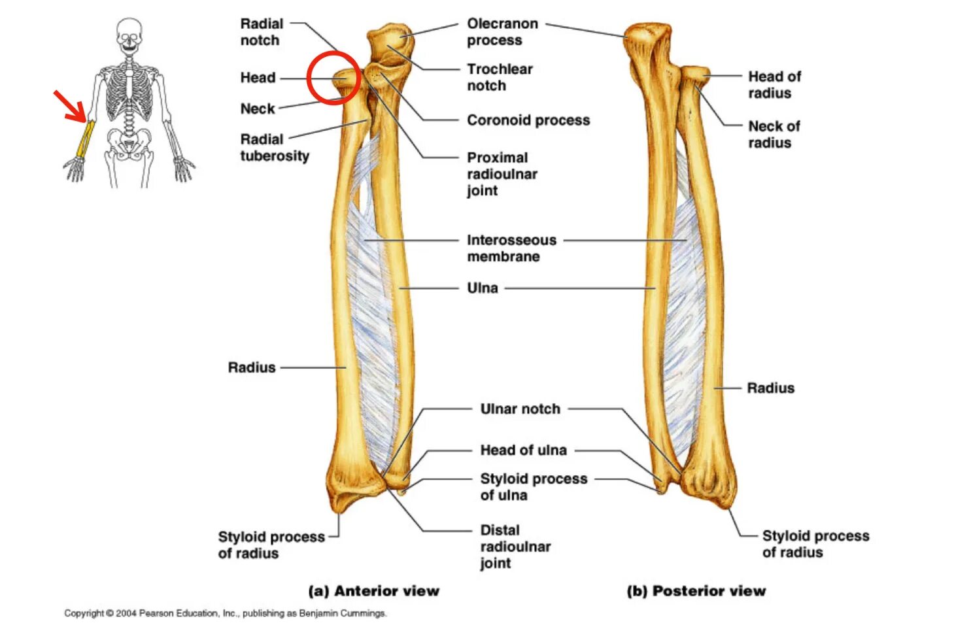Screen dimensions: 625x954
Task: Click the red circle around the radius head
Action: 333,78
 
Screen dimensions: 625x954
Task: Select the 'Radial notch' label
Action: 261,32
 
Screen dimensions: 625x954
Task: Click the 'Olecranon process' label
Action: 502,32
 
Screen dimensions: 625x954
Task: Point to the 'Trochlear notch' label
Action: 499,77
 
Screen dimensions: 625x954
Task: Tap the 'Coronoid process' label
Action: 528,120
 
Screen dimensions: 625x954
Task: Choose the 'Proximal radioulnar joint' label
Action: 502,174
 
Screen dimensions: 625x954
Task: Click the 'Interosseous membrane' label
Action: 511,248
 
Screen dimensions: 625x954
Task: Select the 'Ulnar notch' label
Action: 520,409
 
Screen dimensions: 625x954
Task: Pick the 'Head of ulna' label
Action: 523,450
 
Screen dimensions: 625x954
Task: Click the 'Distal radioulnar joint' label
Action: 515,547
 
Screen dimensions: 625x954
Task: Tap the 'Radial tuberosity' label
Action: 274,148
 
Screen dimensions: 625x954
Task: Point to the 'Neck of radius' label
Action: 774,135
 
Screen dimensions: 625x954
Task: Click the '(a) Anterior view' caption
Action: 373,591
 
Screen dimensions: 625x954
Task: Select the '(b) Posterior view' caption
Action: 696,591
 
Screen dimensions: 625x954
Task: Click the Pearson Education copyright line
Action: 225,613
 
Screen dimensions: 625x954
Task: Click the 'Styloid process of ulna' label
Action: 533,487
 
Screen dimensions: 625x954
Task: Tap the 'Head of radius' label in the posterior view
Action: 774,85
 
